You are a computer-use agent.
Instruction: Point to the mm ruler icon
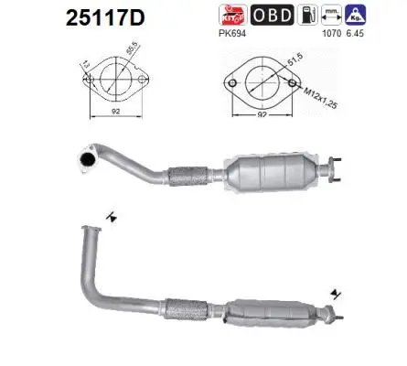tap(337, 14)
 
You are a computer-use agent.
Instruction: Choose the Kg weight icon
tap(362, 14)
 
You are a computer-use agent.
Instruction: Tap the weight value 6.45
tap(364, 33)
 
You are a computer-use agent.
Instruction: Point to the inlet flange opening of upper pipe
tap(89, 158)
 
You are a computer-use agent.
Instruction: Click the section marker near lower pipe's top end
tap(110, 216)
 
